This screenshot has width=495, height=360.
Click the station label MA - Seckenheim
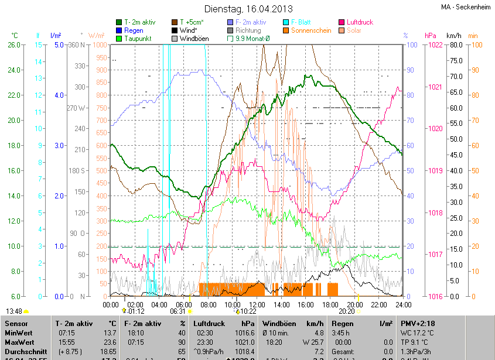(x=466, y=7)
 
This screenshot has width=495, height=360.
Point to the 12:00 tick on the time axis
(x=257, y=305)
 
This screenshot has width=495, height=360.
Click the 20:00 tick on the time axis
(x=355, y=305)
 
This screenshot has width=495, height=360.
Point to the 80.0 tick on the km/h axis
(x=455, y=45)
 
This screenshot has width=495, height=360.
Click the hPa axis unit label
(x=431, y=36)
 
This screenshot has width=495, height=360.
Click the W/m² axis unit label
(x=97, y=36)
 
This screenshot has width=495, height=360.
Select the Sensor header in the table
(x=16, y=323)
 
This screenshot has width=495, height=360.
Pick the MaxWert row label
(x=20, y=342)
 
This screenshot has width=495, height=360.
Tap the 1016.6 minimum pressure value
(x=247, y=332)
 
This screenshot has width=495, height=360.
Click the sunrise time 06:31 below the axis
(x=177, y=311)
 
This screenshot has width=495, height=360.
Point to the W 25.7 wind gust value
(x=313, y=342)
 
